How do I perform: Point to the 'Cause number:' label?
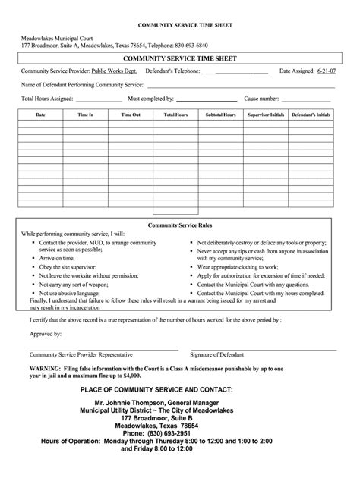(x=261, y=99)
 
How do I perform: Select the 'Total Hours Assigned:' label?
(x=47, y=99)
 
